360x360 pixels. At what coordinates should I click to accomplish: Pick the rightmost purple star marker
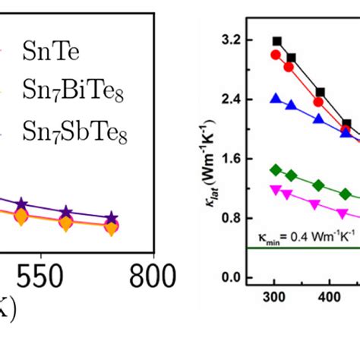coord(112,219)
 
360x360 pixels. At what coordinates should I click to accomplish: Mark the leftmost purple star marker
coord(22,204)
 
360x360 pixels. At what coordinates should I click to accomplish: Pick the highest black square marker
coord(276,41)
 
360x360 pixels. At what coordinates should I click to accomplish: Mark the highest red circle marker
coord(276,55)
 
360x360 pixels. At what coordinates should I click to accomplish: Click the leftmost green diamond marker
coord(276,169)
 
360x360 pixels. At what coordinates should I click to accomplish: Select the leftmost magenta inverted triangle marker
coord(276,189)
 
